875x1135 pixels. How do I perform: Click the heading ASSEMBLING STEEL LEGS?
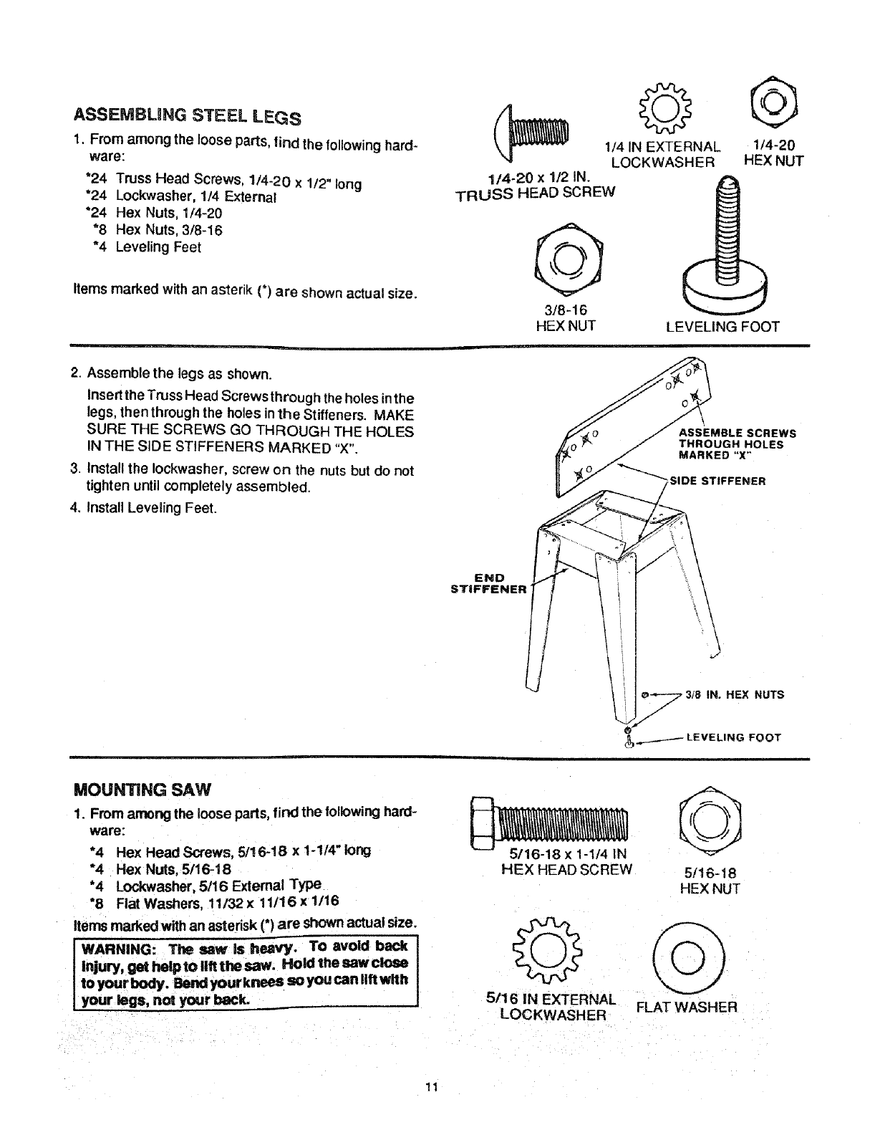(187, 116)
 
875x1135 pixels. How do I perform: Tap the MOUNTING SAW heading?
(142, 790)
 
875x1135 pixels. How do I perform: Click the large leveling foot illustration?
(725, 247)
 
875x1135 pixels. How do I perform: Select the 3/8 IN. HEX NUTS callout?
(734, 694)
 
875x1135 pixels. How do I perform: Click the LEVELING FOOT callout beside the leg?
(733, 737)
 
